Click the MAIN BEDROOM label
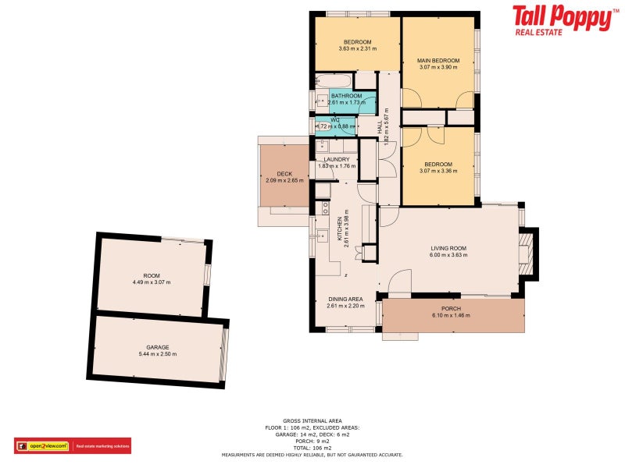[x=437, y=60]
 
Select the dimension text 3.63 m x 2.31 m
[x=358, y=49]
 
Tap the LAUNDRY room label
[x=337, y=159]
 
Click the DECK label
[x=284, y=174]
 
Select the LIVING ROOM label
[x=448, y=249]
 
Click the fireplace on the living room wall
[x=528, y=253]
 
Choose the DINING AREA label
[x=345, y=299]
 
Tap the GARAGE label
[x=158, y=347]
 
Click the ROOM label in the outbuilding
[x=152, y=275]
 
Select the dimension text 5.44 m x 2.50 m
[x=158, y=354]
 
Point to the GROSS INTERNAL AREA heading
[x=312, y=420]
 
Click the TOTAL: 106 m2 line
[x=312, y=448]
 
